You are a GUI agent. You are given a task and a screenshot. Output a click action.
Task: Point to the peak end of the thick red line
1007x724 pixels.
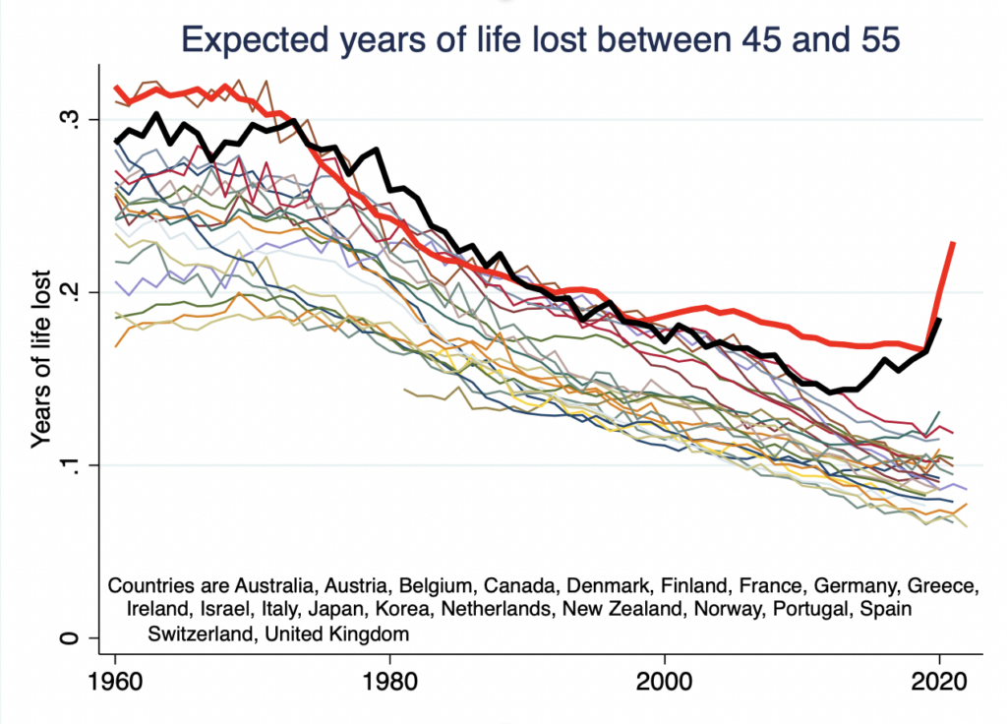pos(953,242)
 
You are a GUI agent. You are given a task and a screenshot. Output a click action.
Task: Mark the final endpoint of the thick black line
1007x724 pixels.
pos(939,320)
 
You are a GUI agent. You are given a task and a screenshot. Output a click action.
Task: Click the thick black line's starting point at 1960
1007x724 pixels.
pos(116,142)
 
